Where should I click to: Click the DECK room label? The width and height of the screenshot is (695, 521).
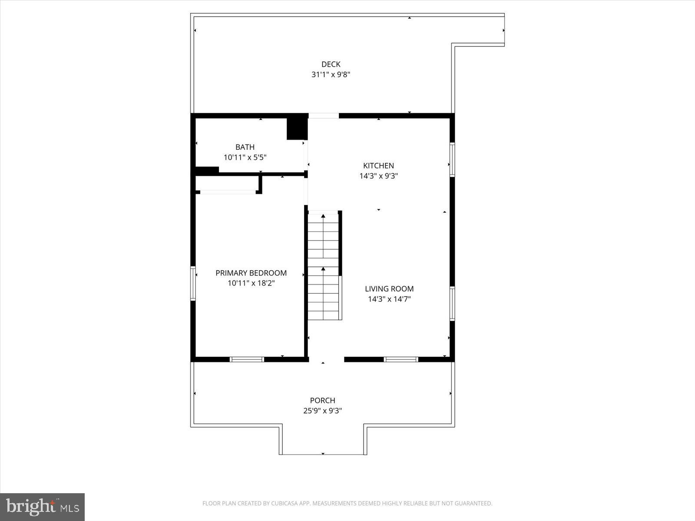331,64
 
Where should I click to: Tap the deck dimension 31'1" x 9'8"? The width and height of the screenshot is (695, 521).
331,75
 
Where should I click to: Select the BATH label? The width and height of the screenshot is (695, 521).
245,147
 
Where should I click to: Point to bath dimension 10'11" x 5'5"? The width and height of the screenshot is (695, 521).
245,158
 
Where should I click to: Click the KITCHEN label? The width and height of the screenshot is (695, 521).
378,165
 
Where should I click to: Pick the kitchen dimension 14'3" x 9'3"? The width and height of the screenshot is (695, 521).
378,176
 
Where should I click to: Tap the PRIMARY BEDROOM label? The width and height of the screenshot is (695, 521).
251,273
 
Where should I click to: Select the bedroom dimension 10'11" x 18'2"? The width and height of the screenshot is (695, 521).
251,284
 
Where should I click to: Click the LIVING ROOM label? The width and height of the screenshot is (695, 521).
389,289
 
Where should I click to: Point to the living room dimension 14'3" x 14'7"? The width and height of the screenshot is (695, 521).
389,299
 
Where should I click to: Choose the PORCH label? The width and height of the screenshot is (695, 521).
322,400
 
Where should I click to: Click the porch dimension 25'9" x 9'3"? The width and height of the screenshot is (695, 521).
322,411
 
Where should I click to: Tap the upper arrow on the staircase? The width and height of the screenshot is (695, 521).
323,216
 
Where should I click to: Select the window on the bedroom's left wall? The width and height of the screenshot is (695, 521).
193,283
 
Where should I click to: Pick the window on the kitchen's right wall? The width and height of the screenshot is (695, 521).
452,160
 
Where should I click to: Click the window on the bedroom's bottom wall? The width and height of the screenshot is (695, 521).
247,359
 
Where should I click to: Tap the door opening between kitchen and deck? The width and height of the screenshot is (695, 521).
323,115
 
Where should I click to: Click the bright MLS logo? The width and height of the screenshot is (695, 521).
42,507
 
